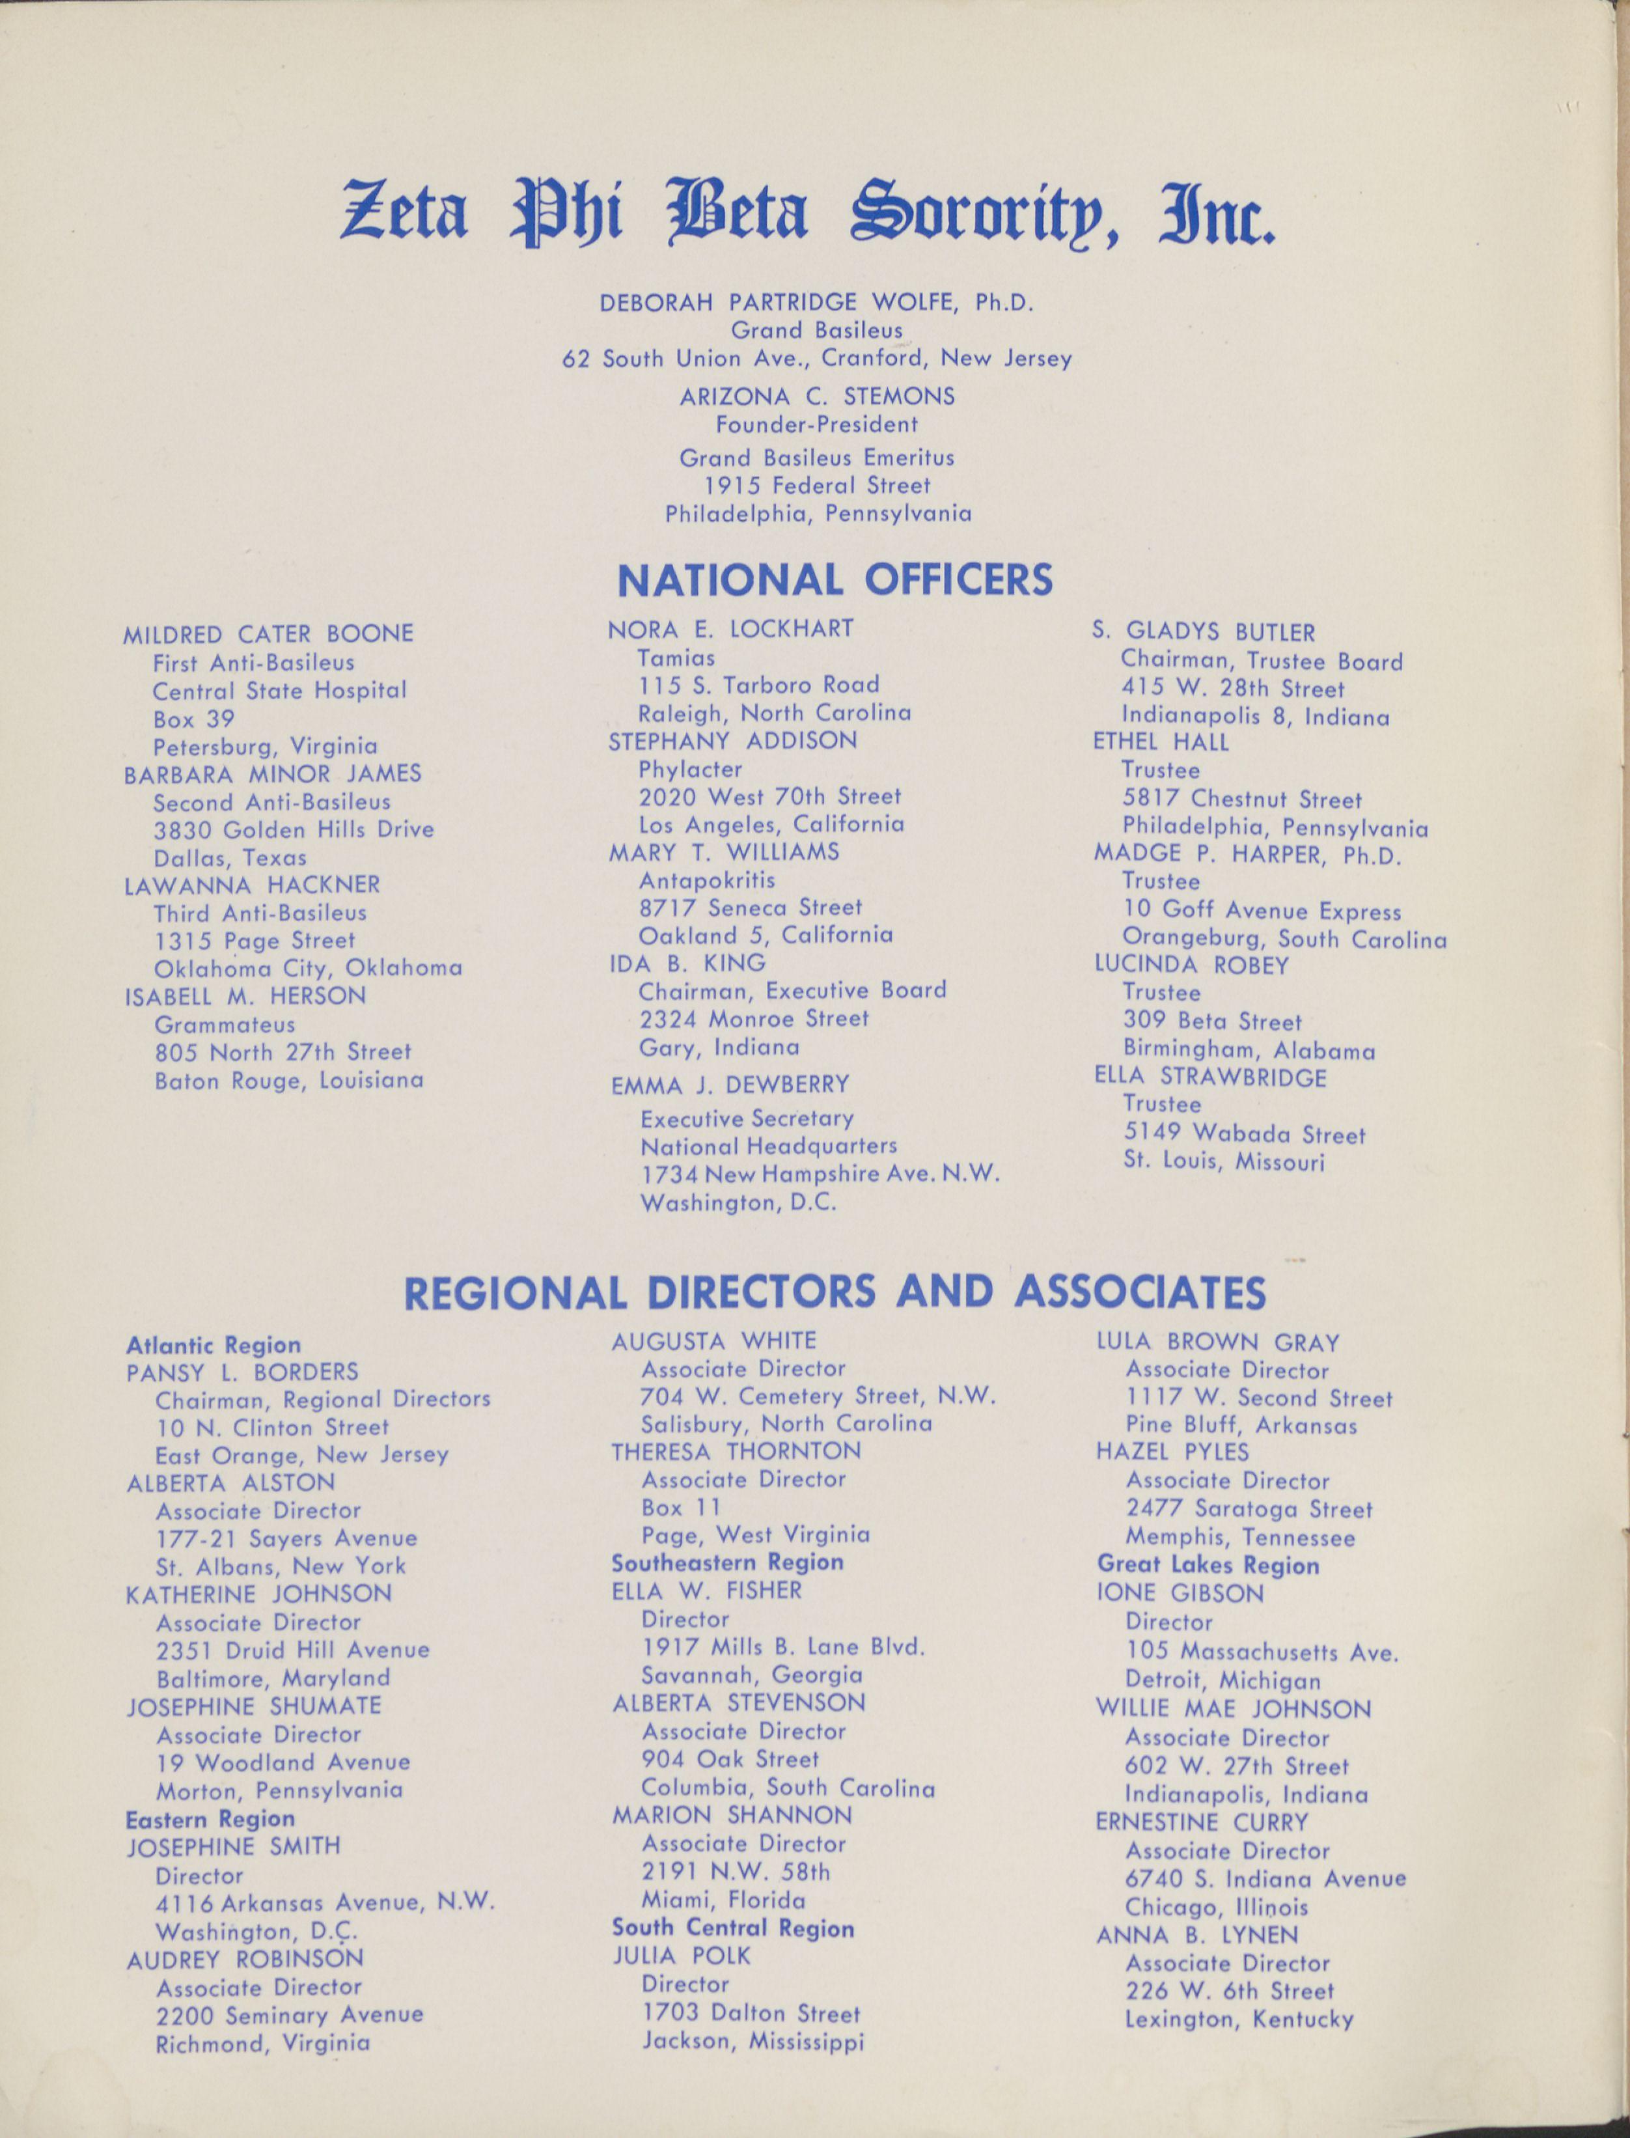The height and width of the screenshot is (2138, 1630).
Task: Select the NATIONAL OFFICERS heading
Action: [x=835, y=580]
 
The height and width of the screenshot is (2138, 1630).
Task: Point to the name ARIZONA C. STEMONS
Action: [x=817, y=396]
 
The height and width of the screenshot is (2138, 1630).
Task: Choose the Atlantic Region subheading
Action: [x=214, y=1345]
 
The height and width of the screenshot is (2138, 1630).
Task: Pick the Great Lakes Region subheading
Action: [x=1208, y=1565]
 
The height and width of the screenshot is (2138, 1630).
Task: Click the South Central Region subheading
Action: [x=732, y=1928]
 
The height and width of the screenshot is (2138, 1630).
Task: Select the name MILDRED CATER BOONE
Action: [x=268, y=635]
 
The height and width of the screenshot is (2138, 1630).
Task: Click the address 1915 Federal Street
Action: [x=817, y=485]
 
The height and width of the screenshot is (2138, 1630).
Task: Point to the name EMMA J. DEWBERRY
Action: [x=730, y=1085]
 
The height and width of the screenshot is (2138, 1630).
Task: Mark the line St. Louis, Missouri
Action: [x=1222, y=1161]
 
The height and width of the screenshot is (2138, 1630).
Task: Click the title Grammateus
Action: [x=224, y=1024]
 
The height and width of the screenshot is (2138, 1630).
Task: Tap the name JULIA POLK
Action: [x=681, y=1956]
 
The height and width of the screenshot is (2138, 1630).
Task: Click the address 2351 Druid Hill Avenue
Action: [x=292, y=1650]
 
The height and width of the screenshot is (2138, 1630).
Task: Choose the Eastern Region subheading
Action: [x=210, y=1820]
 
